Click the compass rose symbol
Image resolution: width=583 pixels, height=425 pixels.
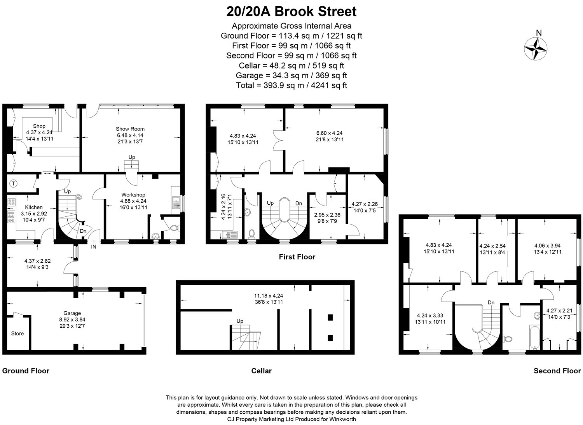536,49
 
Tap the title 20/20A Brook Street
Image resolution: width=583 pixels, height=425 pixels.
291,12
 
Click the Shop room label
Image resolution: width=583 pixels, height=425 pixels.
39,126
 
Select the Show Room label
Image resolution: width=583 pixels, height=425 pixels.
130,129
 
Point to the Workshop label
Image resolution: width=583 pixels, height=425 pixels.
133,195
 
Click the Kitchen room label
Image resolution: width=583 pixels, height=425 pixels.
34,207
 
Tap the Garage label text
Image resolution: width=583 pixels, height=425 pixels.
72,313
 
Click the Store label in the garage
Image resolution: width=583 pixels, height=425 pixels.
17,333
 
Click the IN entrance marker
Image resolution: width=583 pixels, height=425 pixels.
94,246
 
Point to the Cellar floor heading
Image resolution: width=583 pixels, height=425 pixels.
261,371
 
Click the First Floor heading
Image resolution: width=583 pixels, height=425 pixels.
297,256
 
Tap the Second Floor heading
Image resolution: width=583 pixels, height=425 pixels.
557,371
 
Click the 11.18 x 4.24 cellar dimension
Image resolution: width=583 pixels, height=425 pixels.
269,296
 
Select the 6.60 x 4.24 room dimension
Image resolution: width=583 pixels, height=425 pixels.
330,133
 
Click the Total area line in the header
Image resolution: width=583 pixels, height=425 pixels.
291,85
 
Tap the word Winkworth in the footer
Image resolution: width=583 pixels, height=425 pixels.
342,419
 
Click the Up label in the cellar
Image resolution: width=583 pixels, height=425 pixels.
240,321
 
